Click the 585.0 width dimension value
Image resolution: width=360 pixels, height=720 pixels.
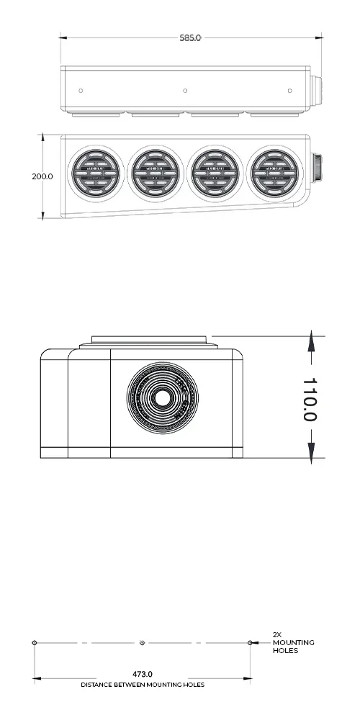[x=190, y=37]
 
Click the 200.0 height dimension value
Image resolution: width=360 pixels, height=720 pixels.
[x=42, y=176]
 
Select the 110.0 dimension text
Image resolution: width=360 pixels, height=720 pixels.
[x=310, y=400]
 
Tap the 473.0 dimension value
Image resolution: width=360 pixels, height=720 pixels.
[x=142, y=674]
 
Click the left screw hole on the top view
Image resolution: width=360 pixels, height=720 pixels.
[x=81, y=91]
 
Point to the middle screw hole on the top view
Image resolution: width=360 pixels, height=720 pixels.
[x=185, y=91]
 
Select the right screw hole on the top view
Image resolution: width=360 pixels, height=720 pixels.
[x=289, y=91]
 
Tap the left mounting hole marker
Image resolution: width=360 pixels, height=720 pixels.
[x=35, y=642]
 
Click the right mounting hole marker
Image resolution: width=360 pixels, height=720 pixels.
[x=250, y=642]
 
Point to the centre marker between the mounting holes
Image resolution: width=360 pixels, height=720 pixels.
[x=143, y=642]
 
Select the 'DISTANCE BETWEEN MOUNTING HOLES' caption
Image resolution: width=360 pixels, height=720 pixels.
[x=142, y=685]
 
